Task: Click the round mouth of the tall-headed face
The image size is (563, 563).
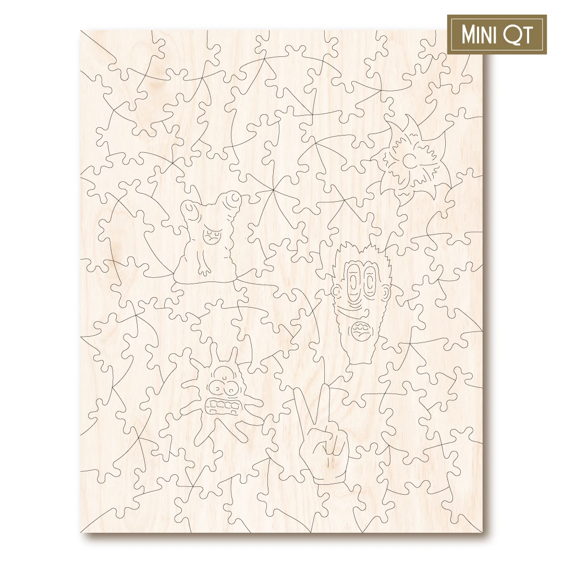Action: click(x=360, y=331)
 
